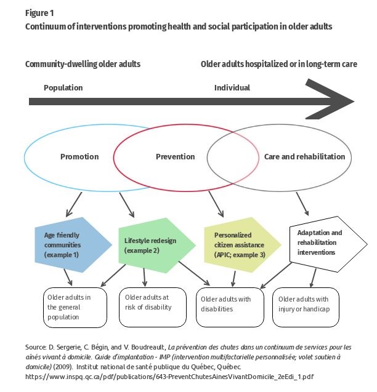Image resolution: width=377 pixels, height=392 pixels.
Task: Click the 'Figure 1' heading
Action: [x=39, y=13]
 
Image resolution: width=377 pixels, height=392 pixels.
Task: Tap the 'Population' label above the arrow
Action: [x=63, y=88]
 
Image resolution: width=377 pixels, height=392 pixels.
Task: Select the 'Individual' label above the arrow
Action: [x=232, y=88]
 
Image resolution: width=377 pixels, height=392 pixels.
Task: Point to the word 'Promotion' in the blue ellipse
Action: [x=79, y=157]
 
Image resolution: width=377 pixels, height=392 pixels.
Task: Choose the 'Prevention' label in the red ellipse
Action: [x=175, y=157]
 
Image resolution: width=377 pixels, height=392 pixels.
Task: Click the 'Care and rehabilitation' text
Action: [x=304, y=157]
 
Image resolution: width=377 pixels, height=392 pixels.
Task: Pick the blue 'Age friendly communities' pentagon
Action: [x=73, y=245]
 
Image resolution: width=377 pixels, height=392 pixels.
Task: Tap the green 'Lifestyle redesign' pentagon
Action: [x=157, y=246]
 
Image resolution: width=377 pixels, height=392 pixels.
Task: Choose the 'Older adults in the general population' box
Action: [x=75, y=308]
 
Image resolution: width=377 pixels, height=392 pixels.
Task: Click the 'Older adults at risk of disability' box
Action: [x=153, y=307]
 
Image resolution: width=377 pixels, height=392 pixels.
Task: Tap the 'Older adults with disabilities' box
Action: [x=230, y=307]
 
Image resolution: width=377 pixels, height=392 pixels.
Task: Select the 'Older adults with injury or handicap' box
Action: [x=306, y=307]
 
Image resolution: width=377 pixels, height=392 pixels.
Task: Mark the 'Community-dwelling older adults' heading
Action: [x=83, y=64]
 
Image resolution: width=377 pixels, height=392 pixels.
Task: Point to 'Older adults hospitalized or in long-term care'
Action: [x=279, y=64]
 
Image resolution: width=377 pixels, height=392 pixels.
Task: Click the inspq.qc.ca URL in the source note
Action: [x=169, y=377]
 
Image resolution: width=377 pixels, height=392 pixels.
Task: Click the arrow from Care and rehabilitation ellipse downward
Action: [x=302, y=204]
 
